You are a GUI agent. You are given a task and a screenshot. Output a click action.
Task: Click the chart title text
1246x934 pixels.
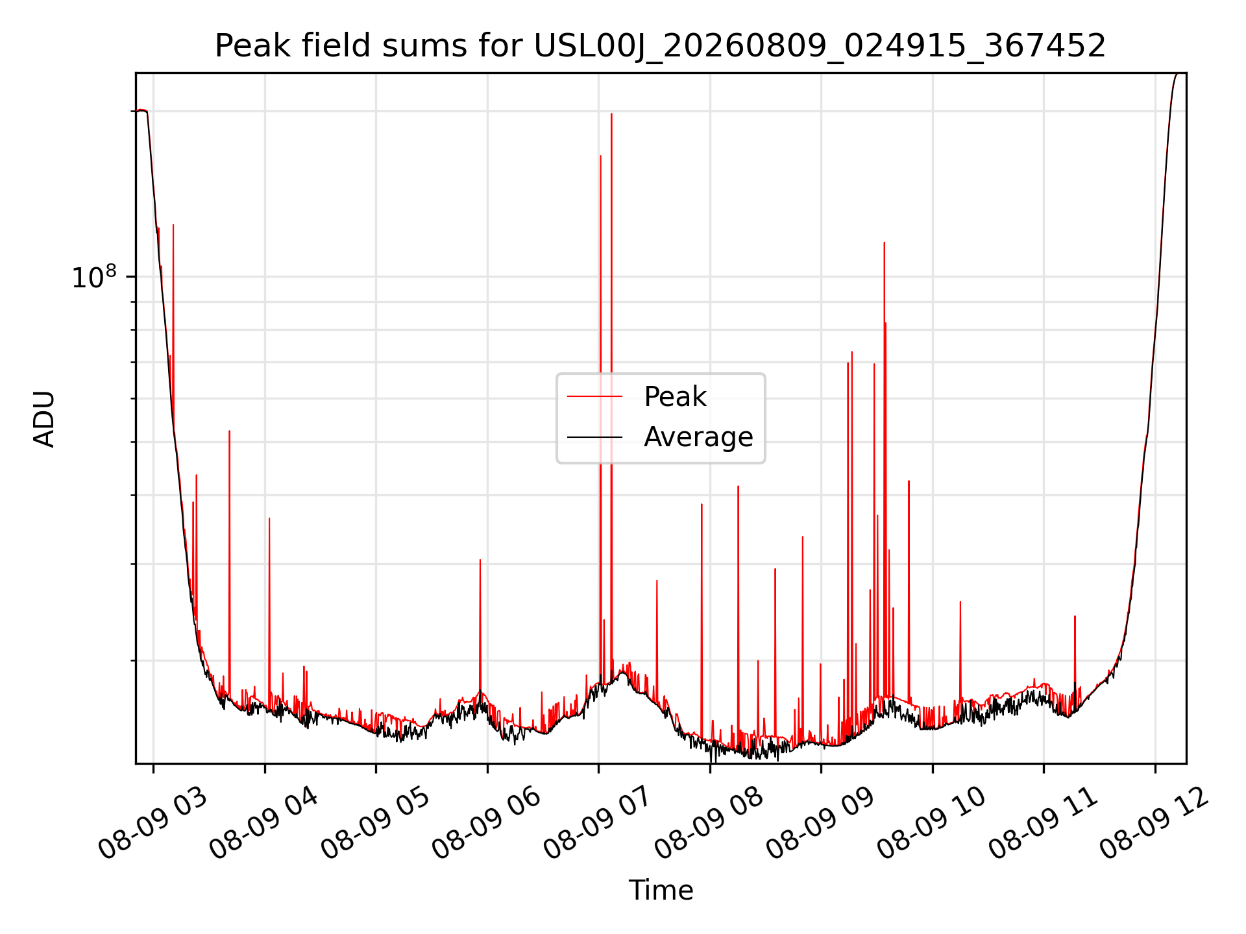click(660, 46)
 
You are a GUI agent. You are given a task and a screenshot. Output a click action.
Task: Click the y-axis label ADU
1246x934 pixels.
click(44, 418)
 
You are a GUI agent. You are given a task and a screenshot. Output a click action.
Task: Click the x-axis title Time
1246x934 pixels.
click(661, 891)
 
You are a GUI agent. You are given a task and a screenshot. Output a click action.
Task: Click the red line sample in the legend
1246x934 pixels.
click(595, 396)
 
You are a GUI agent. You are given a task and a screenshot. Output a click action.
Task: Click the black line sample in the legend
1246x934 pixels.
click(595, 437)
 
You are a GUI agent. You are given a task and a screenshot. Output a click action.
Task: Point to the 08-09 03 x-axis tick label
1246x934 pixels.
click(153, 824)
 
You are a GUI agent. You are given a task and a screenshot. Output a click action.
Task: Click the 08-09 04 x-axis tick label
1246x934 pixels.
click(265, 824)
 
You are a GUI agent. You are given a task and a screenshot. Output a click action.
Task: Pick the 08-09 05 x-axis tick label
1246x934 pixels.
click(376, 824)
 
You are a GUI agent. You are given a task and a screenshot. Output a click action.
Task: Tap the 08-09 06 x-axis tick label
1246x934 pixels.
click(487, 824)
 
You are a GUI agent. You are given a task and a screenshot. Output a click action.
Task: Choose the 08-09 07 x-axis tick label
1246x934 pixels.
click(598, 824)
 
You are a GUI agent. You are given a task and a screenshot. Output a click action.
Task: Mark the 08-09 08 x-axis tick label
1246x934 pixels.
click(710, 824)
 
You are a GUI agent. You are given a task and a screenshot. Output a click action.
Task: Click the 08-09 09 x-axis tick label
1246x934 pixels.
click(821, 824)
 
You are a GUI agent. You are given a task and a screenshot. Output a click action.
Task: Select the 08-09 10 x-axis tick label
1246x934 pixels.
click(933, 824)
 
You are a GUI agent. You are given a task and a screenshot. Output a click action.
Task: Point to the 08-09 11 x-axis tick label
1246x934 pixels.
click(1044, 824)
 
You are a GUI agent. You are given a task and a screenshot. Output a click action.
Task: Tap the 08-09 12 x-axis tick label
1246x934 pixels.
click(1155, 824)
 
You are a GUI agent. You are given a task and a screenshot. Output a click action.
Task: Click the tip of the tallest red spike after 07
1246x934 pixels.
click(611, 114)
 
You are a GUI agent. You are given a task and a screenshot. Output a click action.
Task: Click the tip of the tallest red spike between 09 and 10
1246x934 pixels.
click(884, 243)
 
